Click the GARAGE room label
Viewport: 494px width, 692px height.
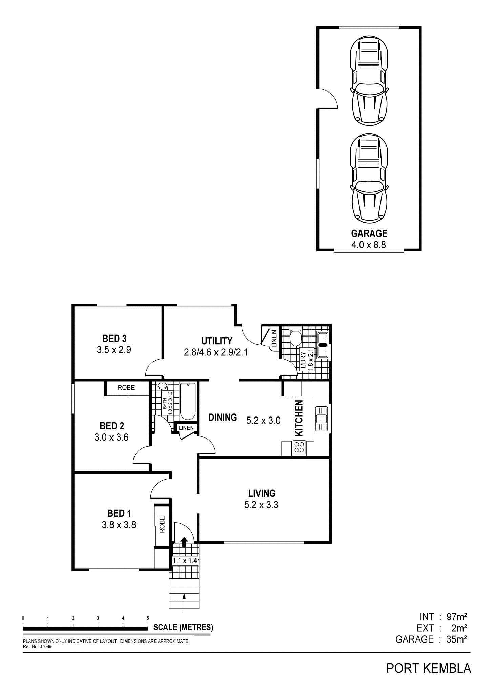click(x=369, y=233)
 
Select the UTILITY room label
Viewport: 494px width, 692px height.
click(x=217, y=341)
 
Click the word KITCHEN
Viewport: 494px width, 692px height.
click(x=299, y=418)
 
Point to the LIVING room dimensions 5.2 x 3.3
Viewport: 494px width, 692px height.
click(x=261, y=505)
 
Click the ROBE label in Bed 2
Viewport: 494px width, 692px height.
click(x=126, y=388)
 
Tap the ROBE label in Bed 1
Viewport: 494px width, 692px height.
click(x=162, y=525)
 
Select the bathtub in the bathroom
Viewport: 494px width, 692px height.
click(x=188, y=401)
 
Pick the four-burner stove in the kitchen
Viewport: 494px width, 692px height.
click(x=299, y=447)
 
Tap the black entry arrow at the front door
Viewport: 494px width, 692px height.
click(x=184, y=542)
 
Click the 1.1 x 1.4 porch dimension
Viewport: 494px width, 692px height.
click(x=185, y=561)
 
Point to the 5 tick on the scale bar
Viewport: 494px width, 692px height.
click(x=148, y=618)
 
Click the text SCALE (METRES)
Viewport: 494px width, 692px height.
click(x=183, y=627)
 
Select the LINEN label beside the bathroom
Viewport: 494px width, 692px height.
click(x=186, y=428)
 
